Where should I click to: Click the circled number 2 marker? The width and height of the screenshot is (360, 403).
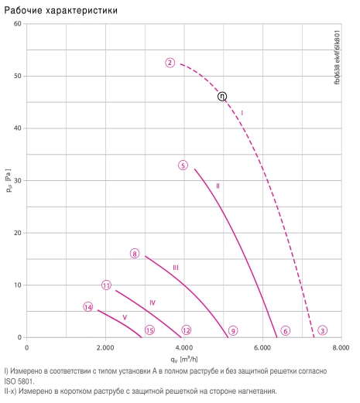pyautogui.click(x=170, y=63)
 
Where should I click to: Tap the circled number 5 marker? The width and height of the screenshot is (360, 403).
pyautogui.click(x=183, y=166)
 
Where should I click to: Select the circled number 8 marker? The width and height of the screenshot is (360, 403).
pyautogui.click(x=135, y=254)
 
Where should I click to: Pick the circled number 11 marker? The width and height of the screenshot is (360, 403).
pyautogui.click(x=106, y=285)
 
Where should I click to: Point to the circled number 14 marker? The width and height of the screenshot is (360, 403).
pyautogui.click(x=88, y=307)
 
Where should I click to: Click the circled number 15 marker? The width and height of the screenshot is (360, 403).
pyautogui.click(x=149, y=330)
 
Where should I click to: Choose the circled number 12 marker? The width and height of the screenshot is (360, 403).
pyautogui.click(x=187, y=330)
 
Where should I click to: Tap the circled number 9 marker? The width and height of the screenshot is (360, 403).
pyautogui.click(x=233, y=331)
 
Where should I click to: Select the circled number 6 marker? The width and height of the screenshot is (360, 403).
pyautogui.click(x=286, y=331)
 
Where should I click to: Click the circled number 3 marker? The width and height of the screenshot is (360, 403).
pyautogui.click(x=322, y=330)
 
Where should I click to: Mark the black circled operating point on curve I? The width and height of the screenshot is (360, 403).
pyautogui.click(x=222, y=97)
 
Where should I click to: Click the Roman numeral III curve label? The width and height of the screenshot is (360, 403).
pyautogui.click(x=176, y=268)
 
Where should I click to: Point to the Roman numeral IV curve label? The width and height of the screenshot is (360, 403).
pyautogui.click(x=153, y=302)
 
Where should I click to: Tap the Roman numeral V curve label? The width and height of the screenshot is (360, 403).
pyautogui.click(x=125, y=317)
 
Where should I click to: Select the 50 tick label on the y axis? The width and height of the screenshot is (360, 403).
pyautogui.click(x=18, y=76)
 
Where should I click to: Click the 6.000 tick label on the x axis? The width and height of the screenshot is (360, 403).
pyautogui.click(x=262, y=348)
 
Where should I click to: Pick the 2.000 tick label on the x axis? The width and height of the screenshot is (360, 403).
pyautogui.click(x=105, y=348)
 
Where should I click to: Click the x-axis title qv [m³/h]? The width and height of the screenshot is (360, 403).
pyautogui.click(x=184, y=359)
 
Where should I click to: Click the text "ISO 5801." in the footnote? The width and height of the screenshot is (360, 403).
pyautogui.click(x=19, y=381)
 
